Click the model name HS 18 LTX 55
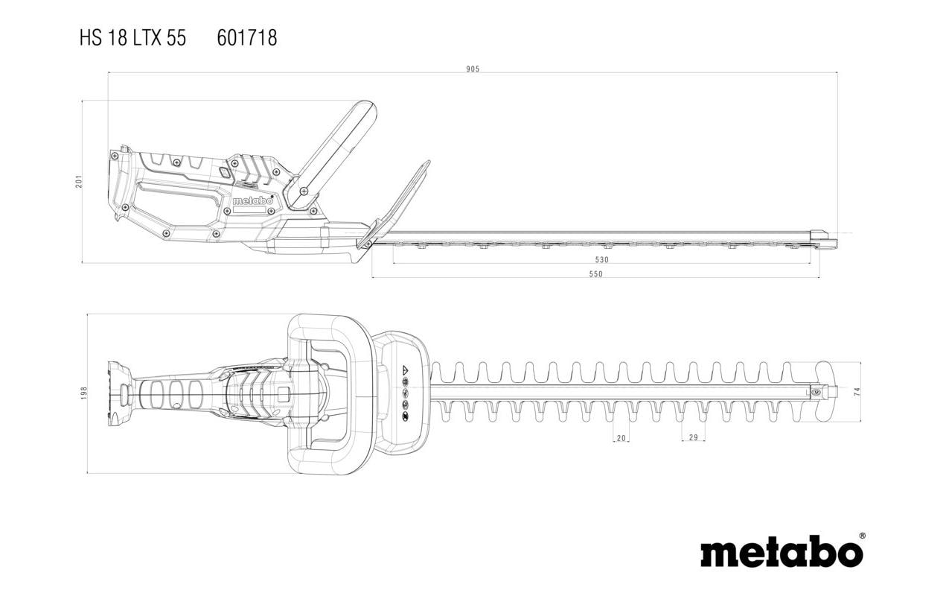point(132,38)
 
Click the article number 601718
point(247,38)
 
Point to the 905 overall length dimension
point(473,69)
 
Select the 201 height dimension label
point(80,181)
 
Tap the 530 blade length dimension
point(602,259)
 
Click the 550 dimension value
point(595,273)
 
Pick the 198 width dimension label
point(84,393)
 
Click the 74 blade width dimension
point(857,391)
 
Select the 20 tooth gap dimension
point(621,438)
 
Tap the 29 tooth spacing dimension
point(693,437)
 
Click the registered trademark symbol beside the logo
point(862,536)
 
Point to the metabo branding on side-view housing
point(252,200)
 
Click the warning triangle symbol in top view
point(406,370)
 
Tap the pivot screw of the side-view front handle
point(302,191)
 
